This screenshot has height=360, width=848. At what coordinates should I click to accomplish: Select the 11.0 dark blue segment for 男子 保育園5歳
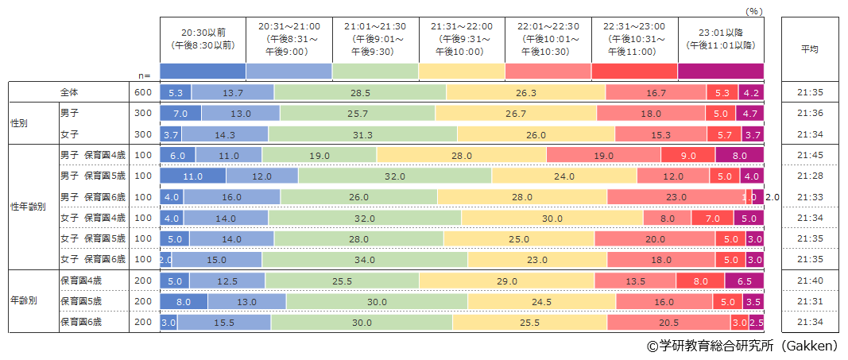(x=193, y=176)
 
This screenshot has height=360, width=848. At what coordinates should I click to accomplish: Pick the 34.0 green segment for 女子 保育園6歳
(x=355, y=258)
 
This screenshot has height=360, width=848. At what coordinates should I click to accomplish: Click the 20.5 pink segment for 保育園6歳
(x=668, y=322)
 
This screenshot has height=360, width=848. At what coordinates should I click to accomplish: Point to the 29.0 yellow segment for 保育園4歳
(x=506, y=281)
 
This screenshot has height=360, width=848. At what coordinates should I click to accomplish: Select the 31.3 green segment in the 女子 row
(x=362, y=134)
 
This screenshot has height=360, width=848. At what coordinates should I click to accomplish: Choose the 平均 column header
(x=809, y=49)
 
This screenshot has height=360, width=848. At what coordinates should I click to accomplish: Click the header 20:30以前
(x=203, y=39)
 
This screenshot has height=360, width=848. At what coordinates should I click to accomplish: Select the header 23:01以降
(x=720, y=39)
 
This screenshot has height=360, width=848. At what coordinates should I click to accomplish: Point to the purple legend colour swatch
(x=720, y=72)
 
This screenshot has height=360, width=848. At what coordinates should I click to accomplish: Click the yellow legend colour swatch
(x=462, y=72)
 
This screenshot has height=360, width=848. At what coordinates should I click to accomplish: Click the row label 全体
(x=69, y=93)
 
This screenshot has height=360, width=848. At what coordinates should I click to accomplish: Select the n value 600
(x=144, y=93)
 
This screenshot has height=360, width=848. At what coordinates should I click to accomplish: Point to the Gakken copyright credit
(x=742, y=346)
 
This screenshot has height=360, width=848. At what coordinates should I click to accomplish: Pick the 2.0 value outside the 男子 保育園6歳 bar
(x=772, y=196)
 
